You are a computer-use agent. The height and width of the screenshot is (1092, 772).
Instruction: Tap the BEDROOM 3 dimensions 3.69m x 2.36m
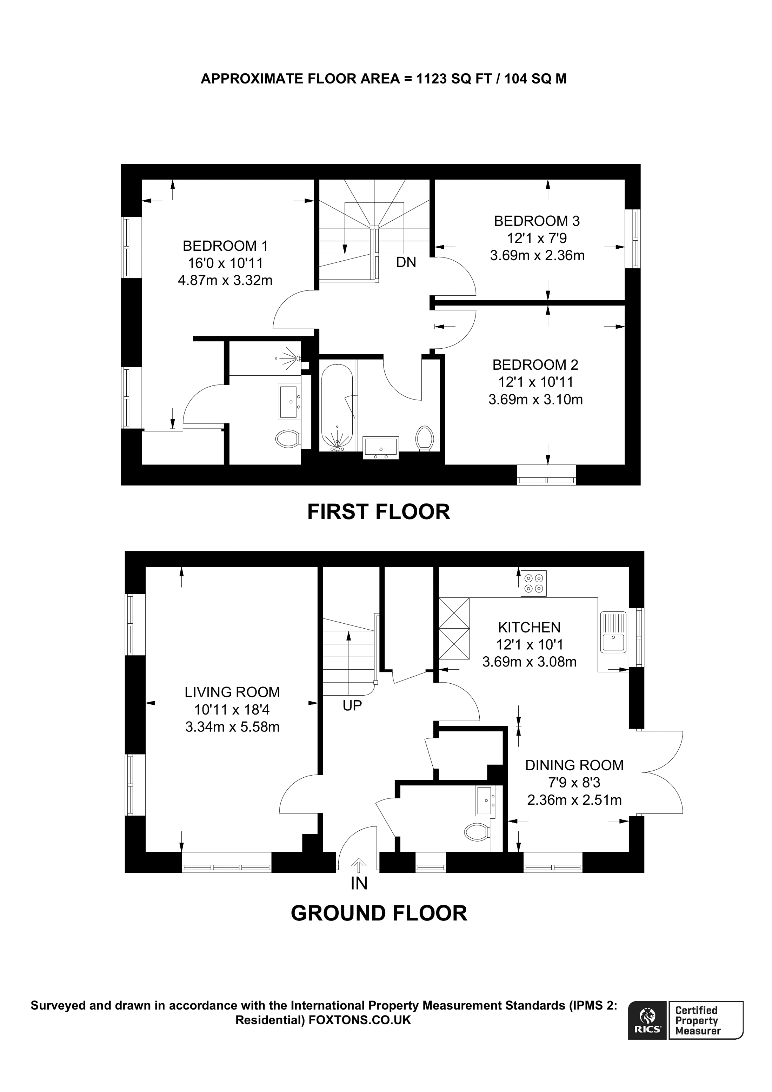click(537, 255)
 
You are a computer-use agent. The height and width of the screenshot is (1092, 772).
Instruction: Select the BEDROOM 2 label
click(535, 365)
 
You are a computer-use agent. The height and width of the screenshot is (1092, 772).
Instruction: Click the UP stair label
click(352, 706)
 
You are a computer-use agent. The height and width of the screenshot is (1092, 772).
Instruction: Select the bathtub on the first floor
click(337, 407)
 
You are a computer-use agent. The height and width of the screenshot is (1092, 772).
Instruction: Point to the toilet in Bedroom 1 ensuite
click(287, 438)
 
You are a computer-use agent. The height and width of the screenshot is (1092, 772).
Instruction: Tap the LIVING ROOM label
click(232, 692)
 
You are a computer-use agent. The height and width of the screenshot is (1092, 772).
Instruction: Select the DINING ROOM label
click(574, 765)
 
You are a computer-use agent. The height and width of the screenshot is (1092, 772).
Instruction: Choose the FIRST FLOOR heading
click(378, 512)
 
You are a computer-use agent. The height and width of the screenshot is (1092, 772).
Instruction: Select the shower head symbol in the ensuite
click(290, 358)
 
